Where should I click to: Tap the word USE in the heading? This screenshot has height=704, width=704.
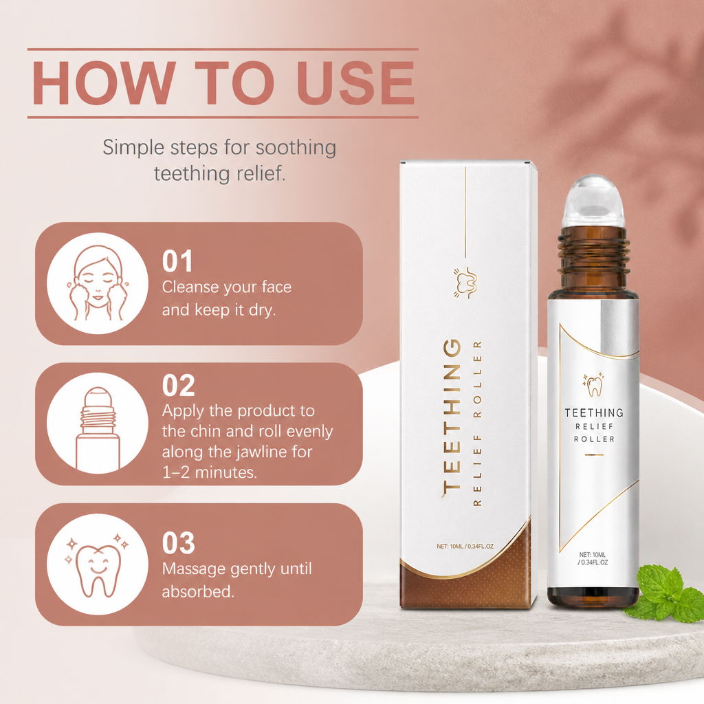coord(355,83)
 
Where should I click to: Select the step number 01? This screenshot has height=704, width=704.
coord(177,261)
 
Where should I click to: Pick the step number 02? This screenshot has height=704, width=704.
coord(178,385)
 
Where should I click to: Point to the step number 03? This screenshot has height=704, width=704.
coord(178,543)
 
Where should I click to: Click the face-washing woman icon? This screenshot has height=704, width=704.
coord(98,283)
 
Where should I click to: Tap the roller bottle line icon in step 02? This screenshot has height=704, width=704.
coord(98,428)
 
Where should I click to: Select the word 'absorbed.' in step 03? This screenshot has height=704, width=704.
coord(198,591)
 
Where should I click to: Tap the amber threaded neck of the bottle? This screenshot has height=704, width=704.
coord(593,252)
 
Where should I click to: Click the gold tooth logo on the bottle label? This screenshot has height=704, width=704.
coord(594,385)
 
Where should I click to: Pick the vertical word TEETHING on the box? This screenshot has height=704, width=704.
coord(452,416)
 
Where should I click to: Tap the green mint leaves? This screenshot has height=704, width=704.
coord(665,593)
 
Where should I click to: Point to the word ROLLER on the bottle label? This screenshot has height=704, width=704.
coord(594,439)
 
